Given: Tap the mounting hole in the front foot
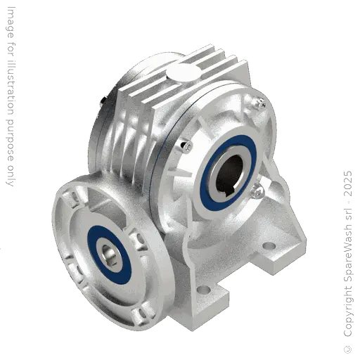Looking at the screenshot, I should point(203,288).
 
